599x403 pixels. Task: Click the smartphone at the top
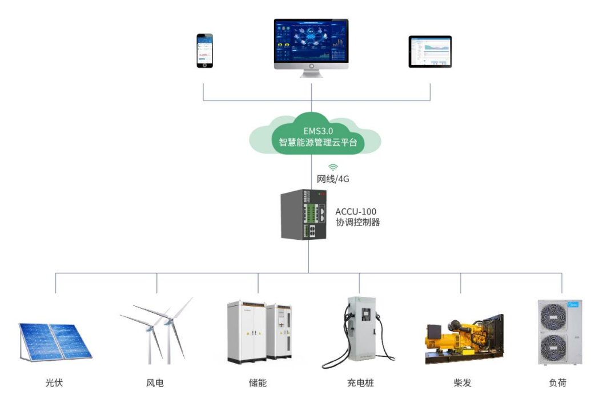coord(205,51)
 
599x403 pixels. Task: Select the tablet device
coord(430,52)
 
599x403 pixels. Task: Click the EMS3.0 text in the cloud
coord(318,131)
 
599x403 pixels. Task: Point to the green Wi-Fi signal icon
coord(333,167)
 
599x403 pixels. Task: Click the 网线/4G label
coord(333,179)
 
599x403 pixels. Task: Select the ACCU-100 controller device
coord(304,214)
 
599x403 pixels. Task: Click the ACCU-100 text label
coord(356,211)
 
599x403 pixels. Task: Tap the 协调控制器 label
coord(357,222)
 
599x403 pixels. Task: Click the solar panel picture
coord(56,342)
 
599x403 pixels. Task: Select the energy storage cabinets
coord(259,332)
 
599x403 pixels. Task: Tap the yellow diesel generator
coord(465,339)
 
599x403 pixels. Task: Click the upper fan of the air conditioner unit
coord(553,317)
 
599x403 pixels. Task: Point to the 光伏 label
coord(54,383)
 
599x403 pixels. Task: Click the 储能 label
coord(258,383)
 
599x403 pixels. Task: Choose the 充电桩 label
coord(360,383)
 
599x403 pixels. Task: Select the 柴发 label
coord(462,383)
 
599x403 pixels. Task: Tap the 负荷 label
coord(558,383)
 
